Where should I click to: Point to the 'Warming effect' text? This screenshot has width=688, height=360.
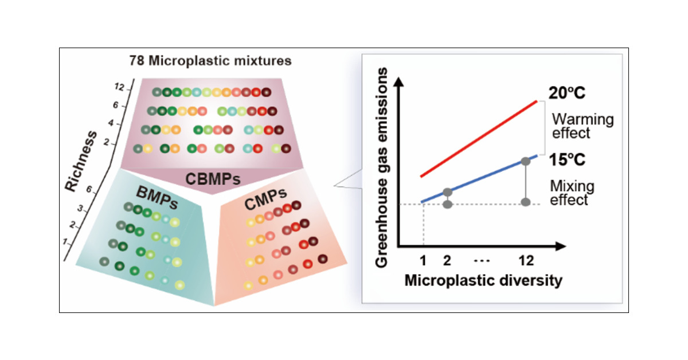581,126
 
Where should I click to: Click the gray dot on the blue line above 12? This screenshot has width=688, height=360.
525,161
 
